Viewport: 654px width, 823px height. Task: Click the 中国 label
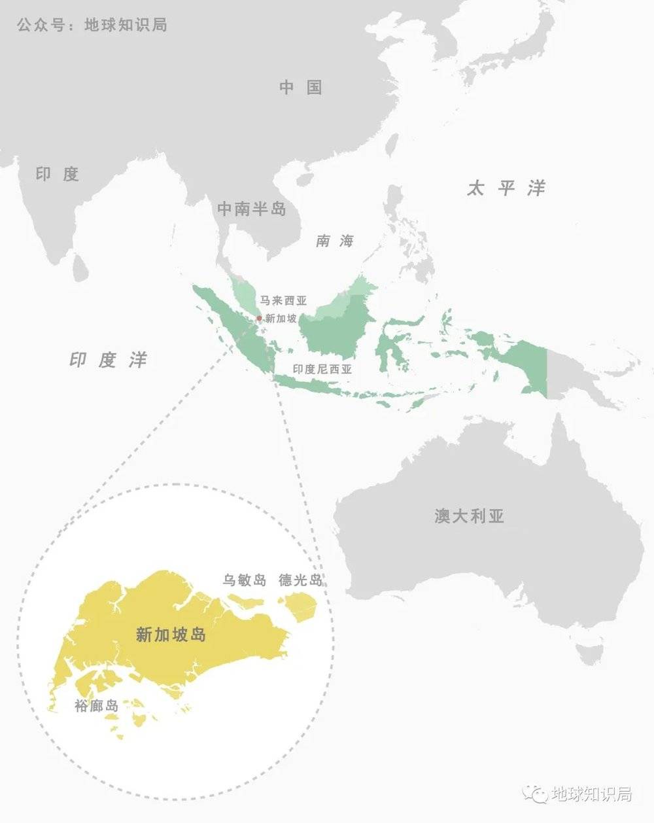pyautogui.click(x=301, y=87)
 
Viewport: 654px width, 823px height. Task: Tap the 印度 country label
pyautogui.click(x=58, y=174)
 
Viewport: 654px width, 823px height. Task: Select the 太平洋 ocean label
pyautogui.click(x=506, y=188)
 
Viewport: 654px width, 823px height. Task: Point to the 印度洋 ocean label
pyautogui.click(x=109, y=360)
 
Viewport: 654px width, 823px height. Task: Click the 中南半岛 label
pyautogui.click(x=252, y=209)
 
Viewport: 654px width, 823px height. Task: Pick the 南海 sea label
pyautogui.click(x=335, y=241)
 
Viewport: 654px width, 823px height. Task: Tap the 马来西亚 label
pyautogui.click(x=283, y=301)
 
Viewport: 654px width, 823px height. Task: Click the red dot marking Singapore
pyautogui.click(x=259, y=319)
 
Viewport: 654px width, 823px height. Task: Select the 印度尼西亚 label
pyautogui.click(x=322, y=369)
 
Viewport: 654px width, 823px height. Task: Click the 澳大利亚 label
pyautogui.click(x=470, y=516)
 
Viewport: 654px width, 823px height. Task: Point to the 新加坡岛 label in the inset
pyautogui.click(x=171, y=634)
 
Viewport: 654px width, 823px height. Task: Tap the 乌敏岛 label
pyautogui.click(x=244, y=580)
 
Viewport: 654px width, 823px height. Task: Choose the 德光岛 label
pyautogui.click(x=300, y=580)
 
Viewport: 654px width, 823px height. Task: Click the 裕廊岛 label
pyautogui.click(x=96, y=706)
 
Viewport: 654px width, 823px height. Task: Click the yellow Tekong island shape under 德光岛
pyautogui.click(x=302, y=605)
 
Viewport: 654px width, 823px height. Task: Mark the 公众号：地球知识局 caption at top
pyautogui.click(x=92, y=25)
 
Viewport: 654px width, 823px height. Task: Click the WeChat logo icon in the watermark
pyautogui.click(x=538, y=794)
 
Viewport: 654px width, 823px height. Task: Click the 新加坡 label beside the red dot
pyautogui.click(x=281, y=319)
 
